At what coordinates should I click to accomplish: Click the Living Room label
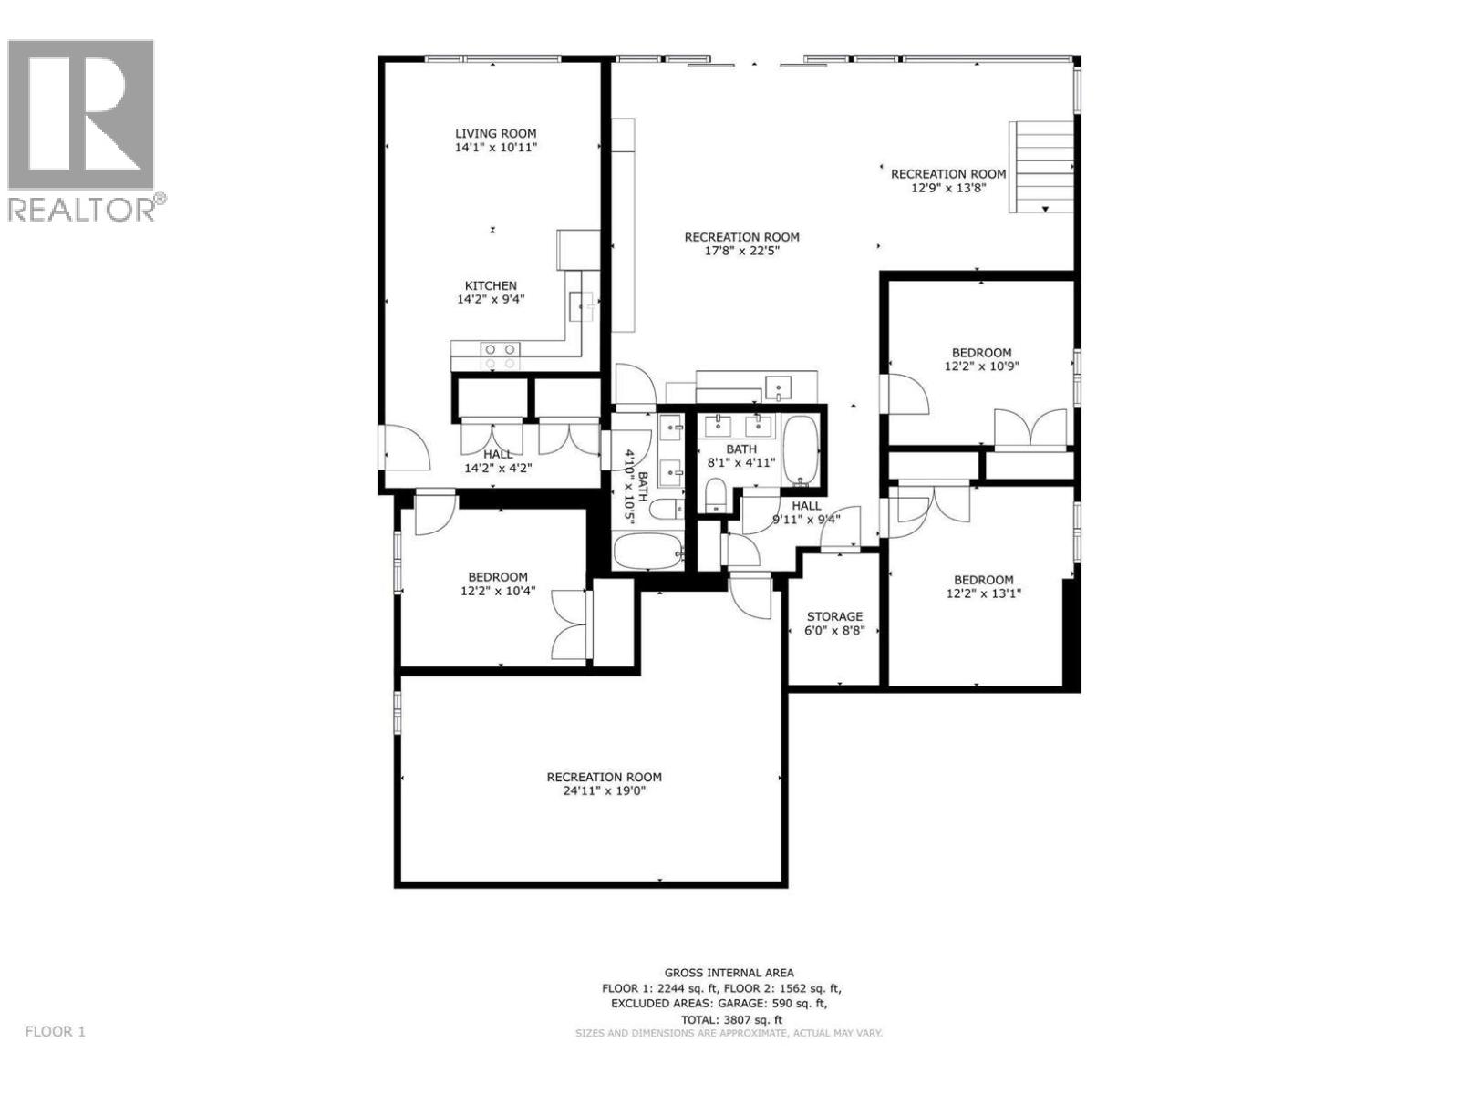(x=496, y=133)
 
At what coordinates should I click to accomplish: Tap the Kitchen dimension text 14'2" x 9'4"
(x=491, y=299)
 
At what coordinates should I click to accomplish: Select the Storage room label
(x=833, y=617)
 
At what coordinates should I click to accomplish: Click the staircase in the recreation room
(x=1042, y=166)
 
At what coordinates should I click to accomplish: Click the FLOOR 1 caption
(x=55, y=1032)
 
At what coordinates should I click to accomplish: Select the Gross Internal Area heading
(x=729, y=973)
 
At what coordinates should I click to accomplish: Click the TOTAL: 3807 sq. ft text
(x=731, y=1020)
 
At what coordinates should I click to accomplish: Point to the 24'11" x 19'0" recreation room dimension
(x=605, y=790)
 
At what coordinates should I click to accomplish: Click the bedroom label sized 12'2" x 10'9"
(x=981, y=353)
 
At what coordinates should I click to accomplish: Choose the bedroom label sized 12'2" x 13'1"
(x=983, y=580)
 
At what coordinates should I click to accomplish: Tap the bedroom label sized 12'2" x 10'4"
(x=498, y=577)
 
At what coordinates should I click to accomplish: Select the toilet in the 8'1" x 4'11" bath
(x=717, y=493)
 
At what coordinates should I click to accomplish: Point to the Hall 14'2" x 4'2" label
(x=498, y=454)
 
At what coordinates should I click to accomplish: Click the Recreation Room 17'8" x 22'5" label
(x=741, y=237)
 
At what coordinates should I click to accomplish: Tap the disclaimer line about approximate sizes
(x=729, y=1033)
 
